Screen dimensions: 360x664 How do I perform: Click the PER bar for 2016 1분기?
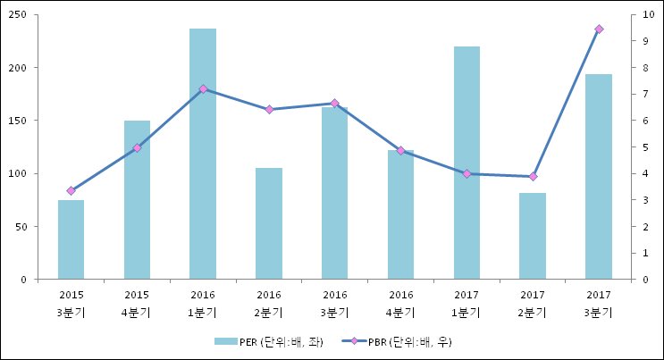click(203, 154)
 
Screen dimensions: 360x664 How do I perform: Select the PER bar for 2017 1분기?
click(466, 163)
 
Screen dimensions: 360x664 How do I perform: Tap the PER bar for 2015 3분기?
click(71, 239)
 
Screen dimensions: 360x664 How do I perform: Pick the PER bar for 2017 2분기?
click(533, 236)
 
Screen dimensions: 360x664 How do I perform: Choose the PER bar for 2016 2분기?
click(269, 223)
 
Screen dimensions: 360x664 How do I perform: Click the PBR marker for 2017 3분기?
click(599, 29)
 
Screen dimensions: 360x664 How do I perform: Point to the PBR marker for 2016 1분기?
click(203, 88)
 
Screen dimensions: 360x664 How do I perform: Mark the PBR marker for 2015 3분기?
click(71, 190)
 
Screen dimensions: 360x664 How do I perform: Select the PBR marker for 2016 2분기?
click(269, 110)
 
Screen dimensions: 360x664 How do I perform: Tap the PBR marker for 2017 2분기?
click(533, 176)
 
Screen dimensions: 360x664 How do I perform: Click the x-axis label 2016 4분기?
click(401, 303)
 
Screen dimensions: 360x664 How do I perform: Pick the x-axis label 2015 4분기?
click(137, 303)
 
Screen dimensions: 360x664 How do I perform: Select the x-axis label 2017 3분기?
click(599, 303)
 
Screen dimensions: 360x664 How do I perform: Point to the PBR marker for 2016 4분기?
click(401, 150)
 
